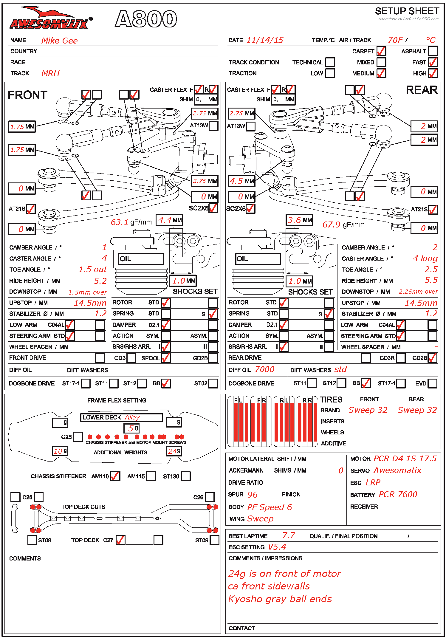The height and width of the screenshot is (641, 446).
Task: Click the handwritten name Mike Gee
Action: pos(59,41)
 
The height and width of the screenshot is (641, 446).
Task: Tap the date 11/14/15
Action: pos(265,40)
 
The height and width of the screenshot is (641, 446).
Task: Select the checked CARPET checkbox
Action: pos(381,51)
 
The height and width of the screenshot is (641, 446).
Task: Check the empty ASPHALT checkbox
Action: pos(433,51)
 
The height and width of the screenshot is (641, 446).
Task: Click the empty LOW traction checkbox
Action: pos(330,73)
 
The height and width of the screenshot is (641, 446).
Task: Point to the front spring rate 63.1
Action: pos(120,222)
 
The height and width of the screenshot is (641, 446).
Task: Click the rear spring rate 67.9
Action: pos(331,224)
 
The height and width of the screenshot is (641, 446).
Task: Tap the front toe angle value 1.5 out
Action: pos(92,270)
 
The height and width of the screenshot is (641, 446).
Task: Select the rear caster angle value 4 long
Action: pos(425,258)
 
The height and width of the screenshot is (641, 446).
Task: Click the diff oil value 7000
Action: pos(264,369)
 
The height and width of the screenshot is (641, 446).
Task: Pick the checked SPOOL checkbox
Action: pos(166,358)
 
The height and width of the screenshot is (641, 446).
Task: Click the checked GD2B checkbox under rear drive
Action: pos(432,358)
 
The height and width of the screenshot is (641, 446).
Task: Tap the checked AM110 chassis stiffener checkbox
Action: pos(115,476)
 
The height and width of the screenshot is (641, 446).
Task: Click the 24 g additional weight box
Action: pos(174,451)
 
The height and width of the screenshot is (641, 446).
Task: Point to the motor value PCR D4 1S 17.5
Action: pos(405,459)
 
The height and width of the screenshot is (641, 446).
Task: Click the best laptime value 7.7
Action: pos(288,535)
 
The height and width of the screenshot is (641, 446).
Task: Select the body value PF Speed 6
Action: pos(269,507)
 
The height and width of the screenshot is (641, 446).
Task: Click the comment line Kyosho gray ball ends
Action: pos(280,599)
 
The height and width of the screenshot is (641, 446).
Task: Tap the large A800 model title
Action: pos(146,19)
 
